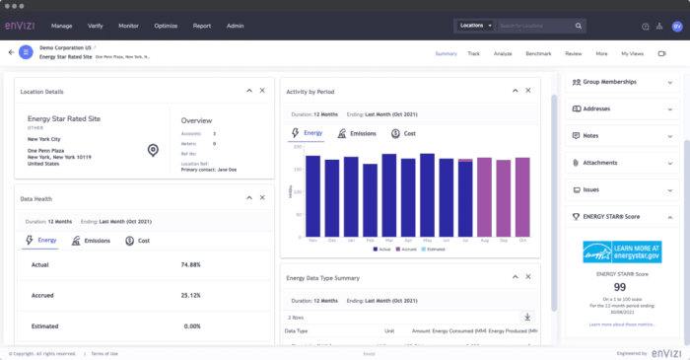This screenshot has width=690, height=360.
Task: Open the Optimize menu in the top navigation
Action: (165, 26)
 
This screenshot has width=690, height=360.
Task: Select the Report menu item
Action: (201, 26)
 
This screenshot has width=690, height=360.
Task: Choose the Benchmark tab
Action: (539, 53)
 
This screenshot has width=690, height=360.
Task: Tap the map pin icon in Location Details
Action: (153, 150)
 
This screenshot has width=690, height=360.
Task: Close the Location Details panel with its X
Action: (262, 91)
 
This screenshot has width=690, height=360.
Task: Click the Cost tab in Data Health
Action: (138, 240)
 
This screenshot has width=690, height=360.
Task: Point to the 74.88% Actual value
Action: (191, 265)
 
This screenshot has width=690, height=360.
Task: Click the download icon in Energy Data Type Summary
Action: (527, 317)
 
